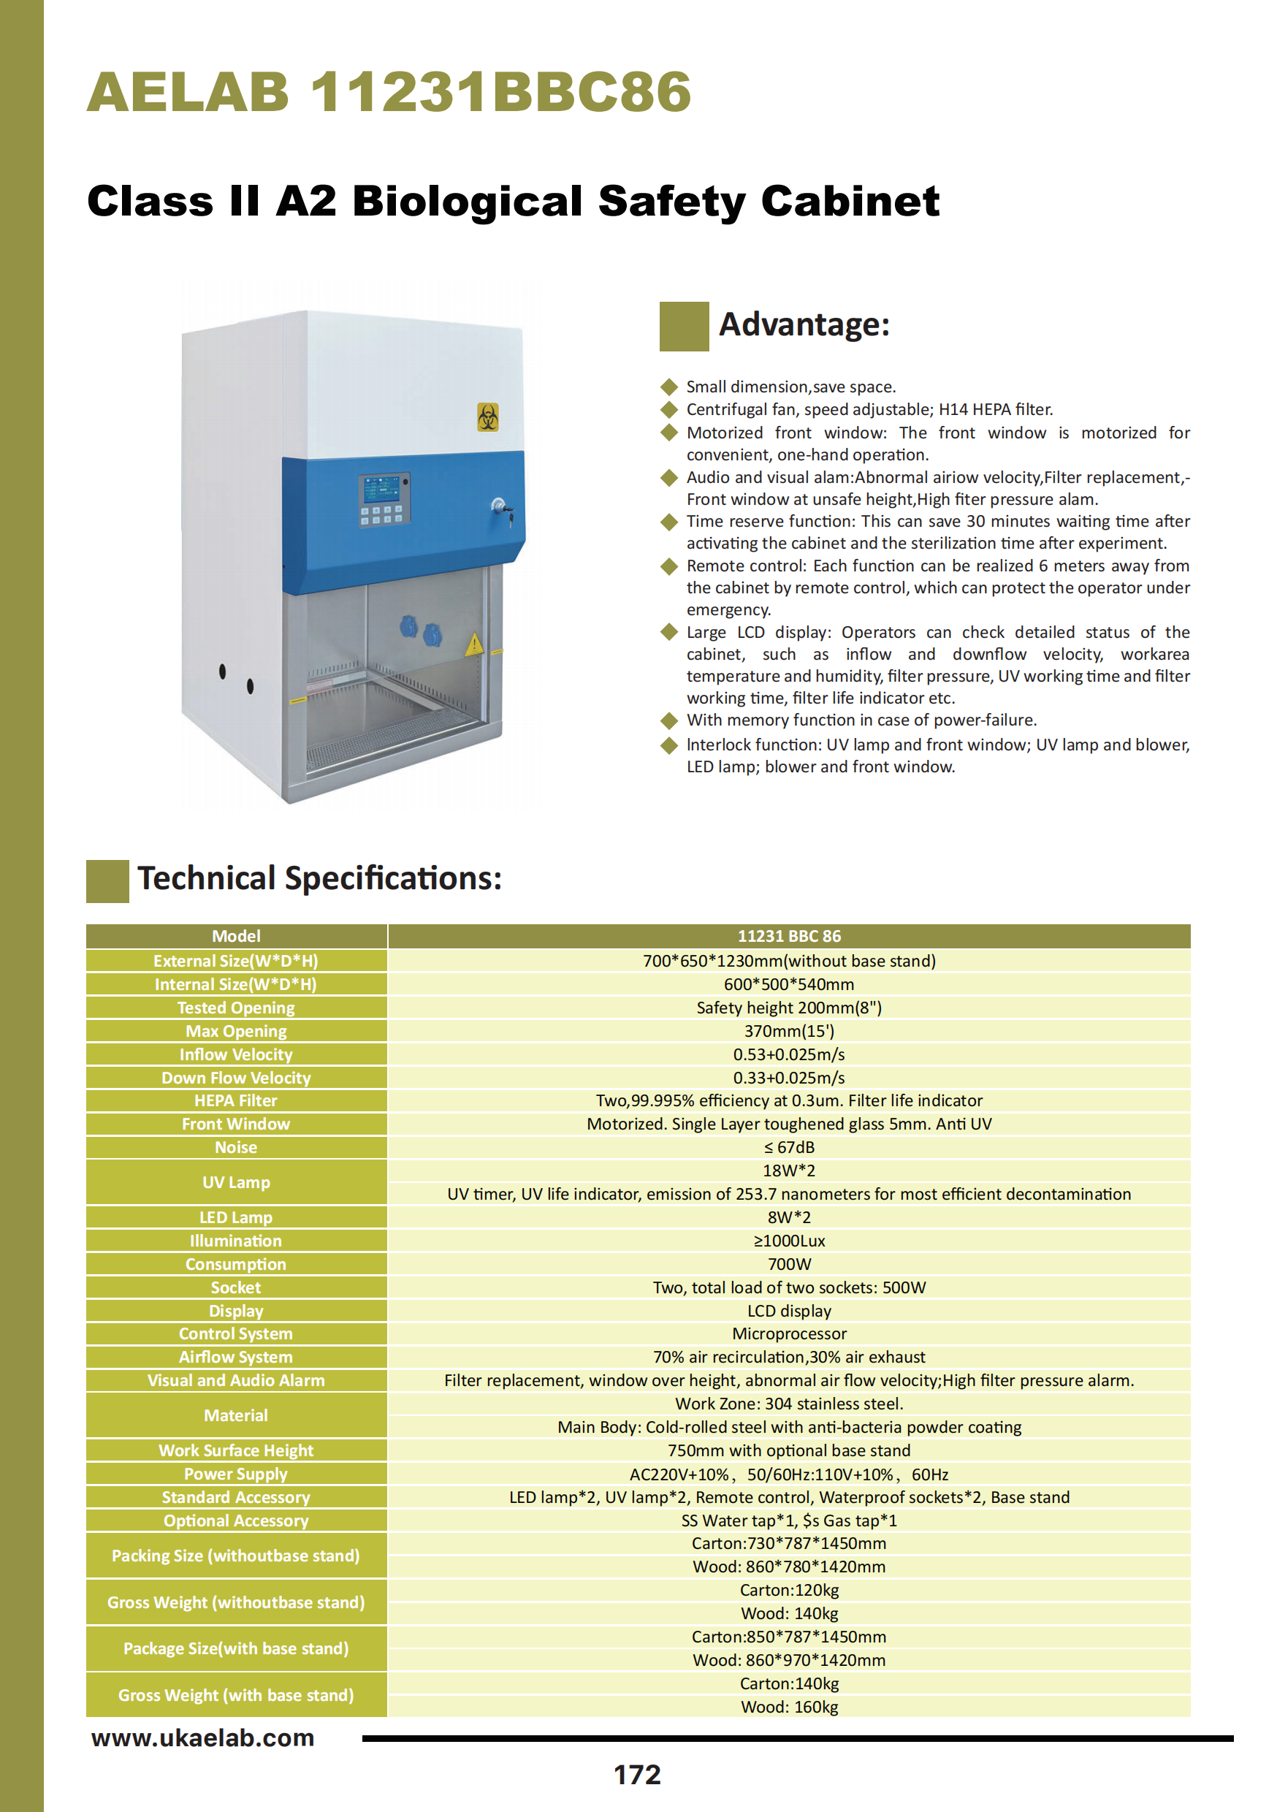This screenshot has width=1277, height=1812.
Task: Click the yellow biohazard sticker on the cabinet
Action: (488, 416)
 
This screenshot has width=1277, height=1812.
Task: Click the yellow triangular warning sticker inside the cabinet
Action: (473, 644)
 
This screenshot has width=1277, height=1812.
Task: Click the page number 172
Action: (637, 1774)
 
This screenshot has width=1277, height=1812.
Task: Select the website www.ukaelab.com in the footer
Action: (203, 1737)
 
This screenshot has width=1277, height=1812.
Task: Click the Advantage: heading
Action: (804, 324)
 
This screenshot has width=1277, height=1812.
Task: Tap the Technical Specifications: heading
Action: (320, 878)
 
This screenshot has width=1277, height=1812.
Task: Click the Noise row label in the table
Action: (236, 1148)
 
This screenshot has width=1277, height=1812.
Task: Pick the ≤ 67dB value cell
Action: (789, 1148)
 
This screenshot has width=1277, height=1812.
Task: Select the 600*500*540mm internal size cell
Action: (789, 984)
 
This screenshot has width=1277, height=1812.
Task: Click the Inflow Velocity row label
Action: (236, 1054)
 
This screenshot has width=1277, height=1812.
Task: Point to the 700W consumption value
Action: (789, 1264)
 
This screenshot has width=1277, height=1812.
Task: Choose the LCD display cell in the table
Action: (789, 1311)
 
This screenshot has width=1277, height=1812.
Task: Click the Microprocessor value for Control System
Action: (789, 1333)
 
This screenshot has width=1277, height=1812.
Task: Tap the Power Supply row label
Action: (236, 1474)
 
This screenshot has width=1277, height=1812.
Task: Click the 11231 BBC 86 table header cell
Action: (789, 936)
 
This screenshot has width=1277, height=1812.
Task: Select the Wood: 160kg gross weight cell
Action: (789, 1707)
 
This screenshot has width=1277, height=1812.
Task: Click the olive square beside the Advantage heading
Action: (684, 326)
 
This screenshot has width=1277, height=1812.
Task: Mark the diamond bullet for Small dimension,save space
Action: (669, 387)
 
